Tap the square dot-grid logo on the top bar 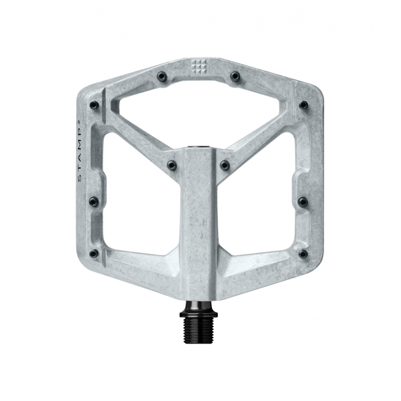200,65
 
